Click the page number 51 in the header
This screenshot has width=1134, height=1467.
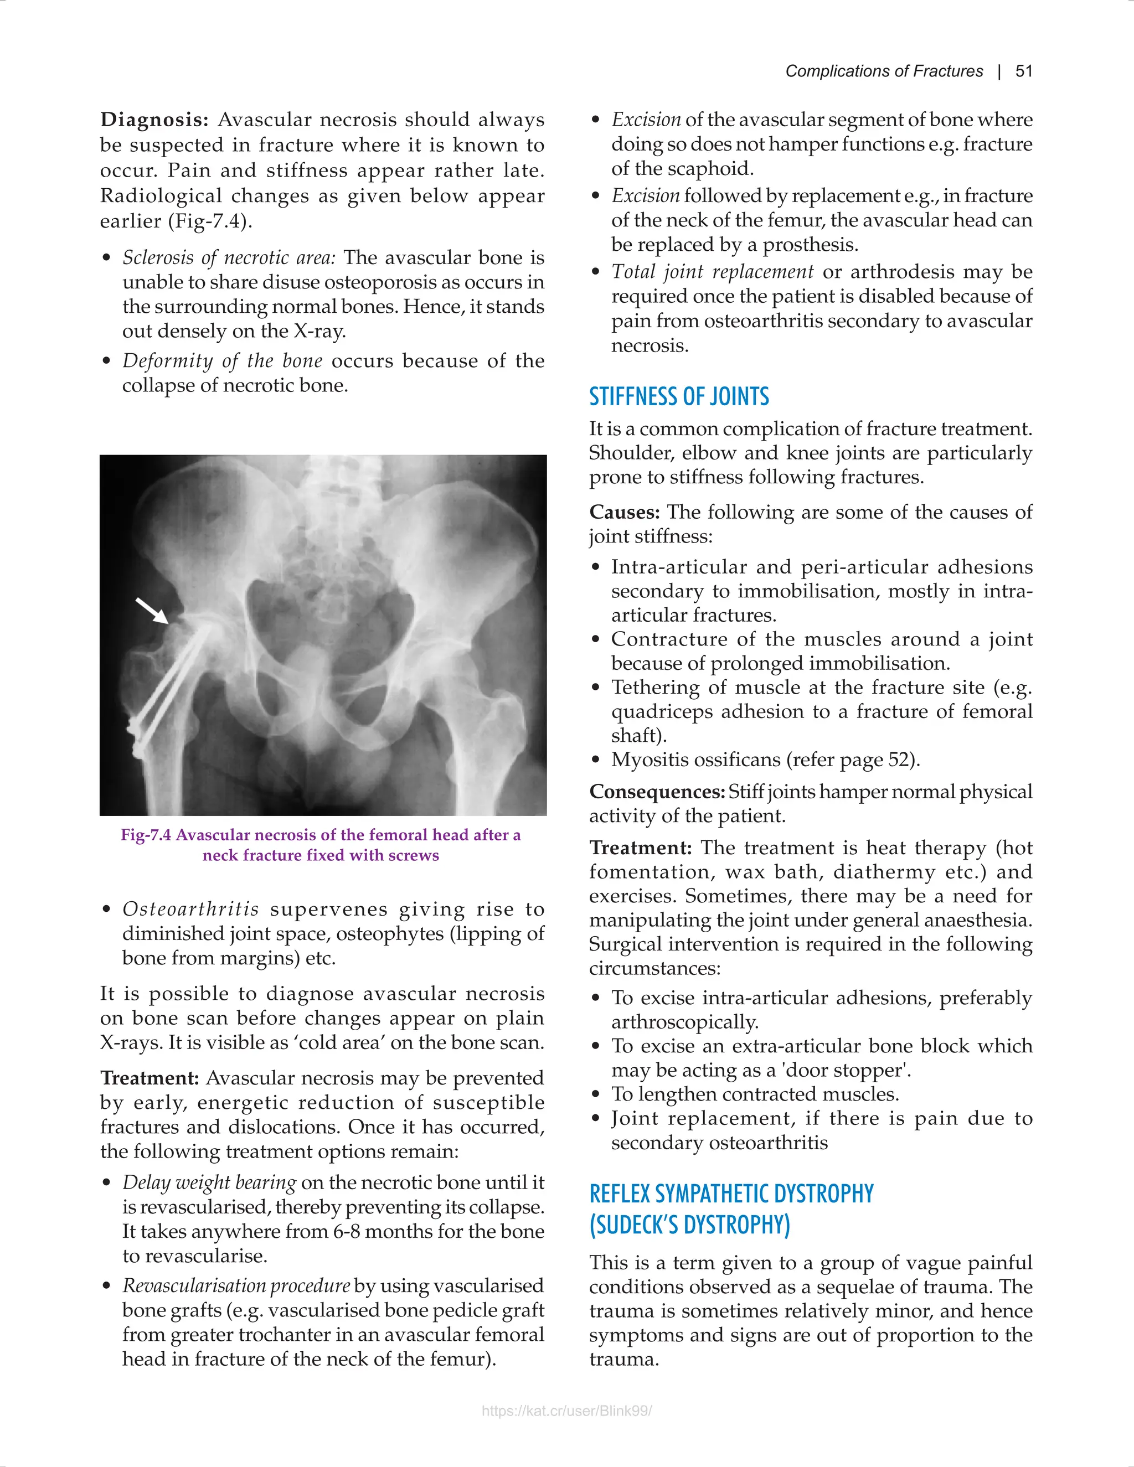pyautogui.click(x=1024, y=71)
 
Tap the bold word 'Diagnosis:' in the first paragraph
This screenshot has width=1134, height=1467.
pyautogui.click(x=154, y=120)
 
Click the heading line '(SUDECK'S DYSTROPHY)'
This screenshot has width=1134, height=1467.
pyautogui.click(x=689, y=1225)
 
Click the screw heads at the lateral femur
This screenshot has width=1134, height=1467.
pyautogui.click(x=136, y=733)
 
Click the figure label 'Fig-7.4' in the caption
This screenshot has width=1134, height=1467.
pyautogui.click(x=146, y=834)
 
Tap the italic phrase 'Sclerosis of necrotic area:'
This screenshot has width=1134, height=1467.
pyautogui.click(x=229, y=257)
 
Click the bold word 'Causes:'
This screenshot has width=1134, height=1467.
pyautogui.click(x=625, y=512)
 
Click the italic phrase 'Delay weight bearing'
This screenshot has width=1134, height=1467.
pyautogui.click(x=209, y=1182)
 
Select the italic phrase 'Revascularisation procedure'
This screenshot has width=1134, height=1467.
pyautogui.click(x=236, y=1285)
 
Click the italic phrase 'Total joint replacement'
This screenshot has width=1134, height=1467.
pyautogui.click(x=712, y=271)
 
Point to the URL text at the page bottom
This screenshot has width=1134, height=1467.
pyautogui.click(x=566, y=1411)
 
